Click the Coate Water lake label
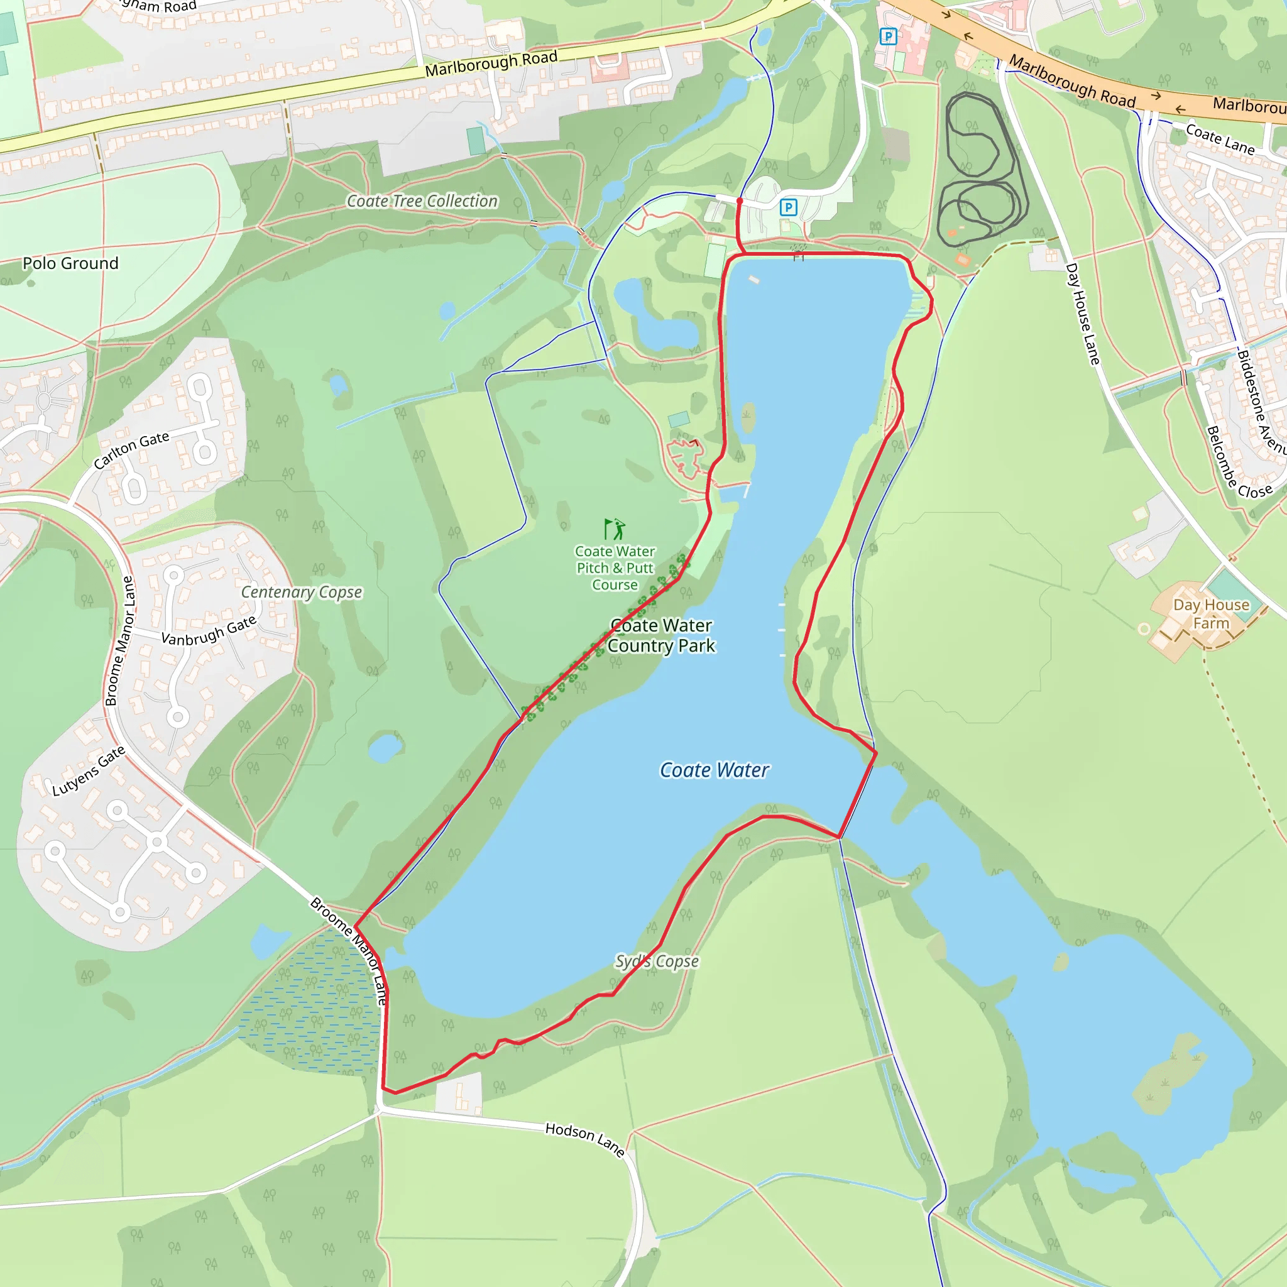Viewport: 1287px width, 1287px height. (x=713, y=770)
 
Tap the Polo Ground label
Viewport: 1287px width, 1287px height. (x=70, y=263)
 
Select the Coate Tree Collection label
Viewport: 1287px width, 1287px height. (x=422, y=200)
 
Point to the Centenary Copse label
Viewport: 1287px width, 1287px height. (x=301, y=591)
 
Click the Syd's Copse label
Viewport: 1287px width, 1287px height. (x=656, y=961)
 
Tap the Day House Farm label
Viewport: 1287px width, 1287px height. (x=1211, y=613)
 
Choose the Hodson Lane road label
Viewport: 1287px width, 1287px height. (x=584, y=1139)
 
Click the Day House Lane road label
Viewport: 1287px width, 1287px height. (x=1082, y=313)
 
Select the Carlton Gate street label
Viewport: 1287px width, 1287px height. (x=131, y=451)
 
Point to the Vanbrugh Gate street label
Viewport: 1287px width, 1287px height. (x=209, y=631)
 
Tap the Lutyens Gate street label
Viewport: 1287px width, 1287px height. (x=89, y=770)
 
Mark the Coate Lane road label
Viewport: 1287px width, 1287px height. (x=1220, y=138)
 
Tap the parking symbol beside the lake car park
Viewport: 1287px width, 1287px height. (x=788, y=207)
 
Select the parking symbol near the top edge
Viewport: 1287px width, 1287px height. (x=888, y=36)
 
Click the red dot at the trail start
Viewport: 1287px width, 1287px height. (x=740, y=200)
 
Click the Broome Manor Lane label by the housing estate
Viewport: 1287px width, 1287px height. (x=120, y=641)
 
